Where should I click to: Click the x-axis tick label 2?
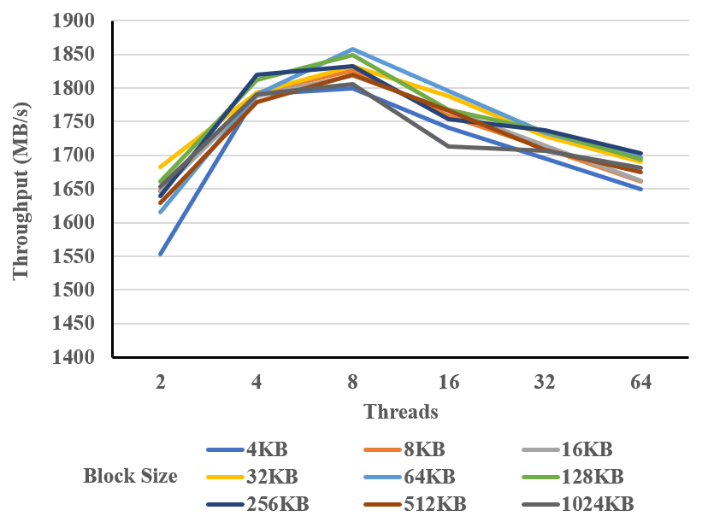160,383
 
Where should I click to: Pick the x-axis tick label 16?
449,383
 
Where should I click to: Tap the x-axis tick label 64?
641,383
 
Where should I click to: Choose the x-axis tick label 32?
545,383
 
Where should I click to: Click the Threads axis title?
401,412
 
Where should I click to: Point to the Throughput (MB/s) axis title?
21,190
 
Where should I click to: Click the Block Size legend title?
130,476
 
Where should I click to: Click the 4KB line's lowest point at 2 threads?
160,255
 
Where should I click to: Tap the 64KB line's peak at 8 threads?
352,49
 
